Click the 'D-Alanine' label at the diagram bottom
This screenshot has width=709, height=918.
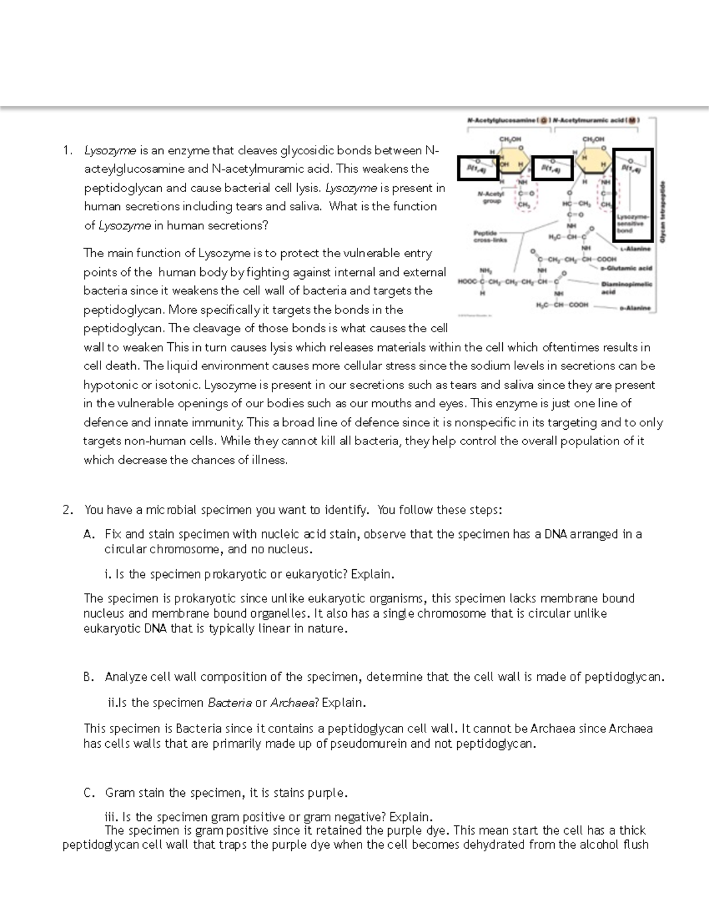[635, 308]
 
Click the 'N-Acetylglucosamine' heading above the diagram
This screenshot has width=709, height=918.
[501, 120]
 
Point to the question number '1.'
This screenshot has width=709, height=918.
[67, 150]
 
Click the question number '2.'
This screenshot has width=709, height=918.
[67, 510]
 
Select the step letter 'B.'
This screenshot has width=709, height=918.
[89, 677]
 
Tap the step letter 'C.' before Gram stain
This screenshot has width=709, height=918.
[89, 793]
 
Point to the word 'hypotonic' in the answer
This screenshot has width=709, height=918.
[110, 385]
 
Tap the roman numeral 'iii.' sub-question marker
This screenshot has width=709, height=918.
[111, 817]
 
